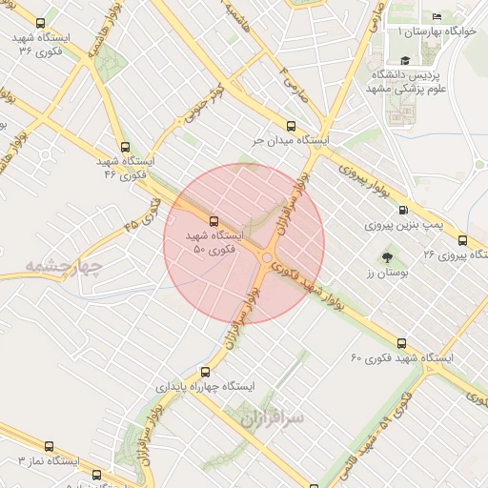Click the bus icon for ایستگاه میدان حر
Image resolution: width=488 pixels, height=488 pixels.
point(291,125)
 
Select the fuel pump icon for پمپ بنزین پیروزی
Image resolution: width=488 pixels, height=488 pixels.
point(403,210)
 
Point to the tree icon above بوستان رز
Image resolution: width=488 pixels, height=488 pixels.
point(387,256)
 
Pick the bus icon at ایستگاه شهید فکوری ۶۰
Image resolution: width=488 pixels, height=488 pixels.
point(401,342)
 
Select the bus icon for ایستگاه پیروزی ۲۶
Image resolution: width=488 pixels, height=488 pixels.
point(462,240)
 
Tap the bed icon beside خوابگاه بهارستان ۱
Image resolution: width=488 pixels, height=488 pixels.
point(437,16)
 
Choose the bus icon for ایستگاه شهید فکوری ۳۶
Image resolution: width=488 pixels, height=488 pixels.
point(40,22)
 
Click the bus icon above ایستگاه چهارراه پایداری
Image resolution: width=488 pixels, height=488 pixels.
point(203,372)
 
